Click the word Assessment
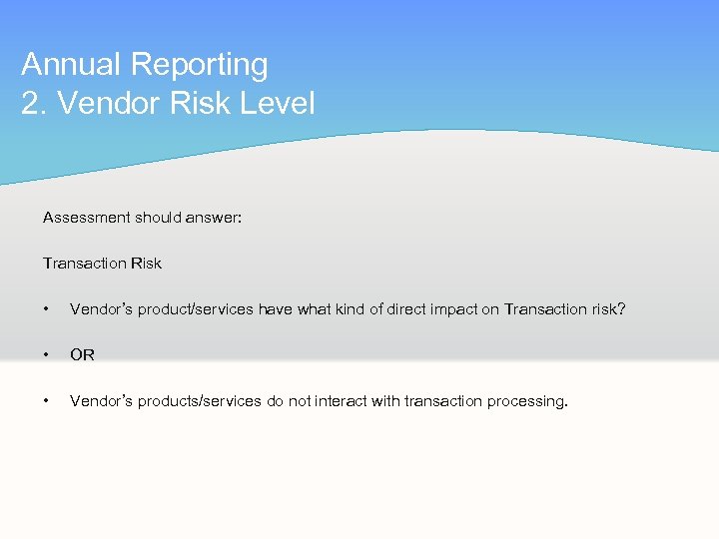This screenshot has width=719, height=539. pyautogui.click(x=87, y=218)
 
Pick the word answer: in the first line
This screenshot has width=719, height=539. pyautogui.click(x=215, y=218)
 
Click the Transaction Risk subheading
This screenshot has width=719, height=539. pyautogui.click(x=102, y=264)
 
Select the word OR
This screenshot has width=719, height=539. pyautogui.click(x=82, y=355)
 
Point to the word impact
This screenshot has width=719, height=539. pyautogui.click(x=455, y=309)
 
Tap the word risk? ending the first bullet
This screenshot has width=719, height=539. pyautogui.click(x=607, y=309)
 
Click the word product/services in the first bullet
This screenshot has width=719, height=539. pyautogui.click(x=196, y=309)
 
